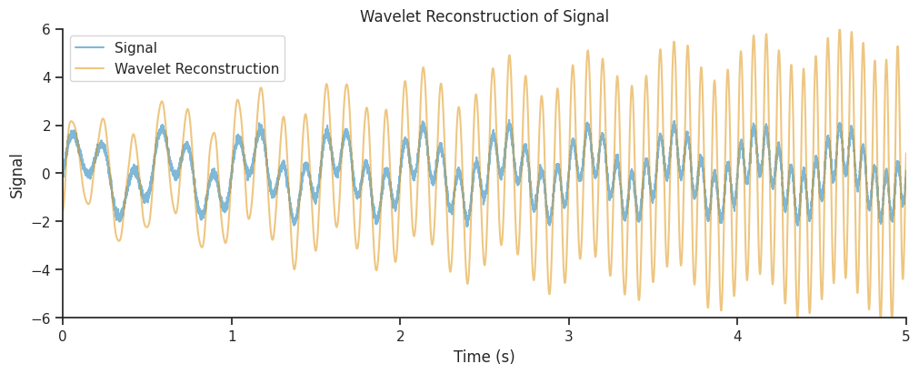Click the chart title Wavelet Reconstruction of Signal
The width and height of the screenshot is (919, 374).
(484, 16)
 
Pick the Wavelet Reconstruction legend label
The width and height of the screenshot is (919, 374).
(196, 69)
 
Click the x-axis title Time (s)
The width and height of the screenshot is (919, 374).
(484, 357)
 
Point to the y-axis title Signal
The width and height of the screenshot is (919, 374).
(17, 175)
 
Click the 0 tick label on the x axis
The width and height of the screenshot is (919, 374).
(63, 335)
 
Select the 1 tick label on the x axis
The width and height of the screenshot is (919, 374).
(232, 335)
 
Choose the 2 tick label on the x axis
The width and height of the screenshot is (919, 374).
(400, 335)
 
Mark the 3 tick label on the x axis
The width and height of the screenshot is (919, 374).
(569, 335)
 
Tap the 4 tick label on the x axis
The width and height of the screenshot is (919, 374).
(737, 335)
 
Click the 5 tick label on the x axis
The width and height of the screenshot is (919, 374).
(906, 335)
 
